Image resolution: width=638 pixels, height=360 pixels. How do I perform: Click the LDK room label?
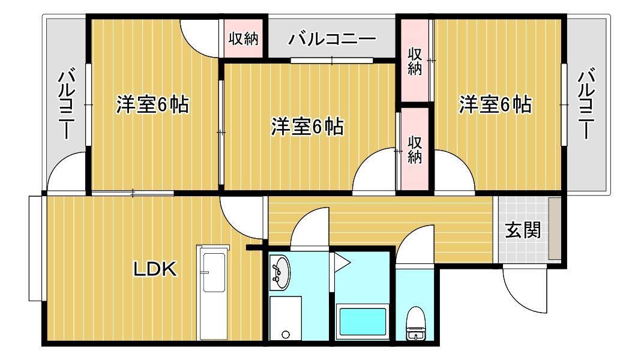point(155,269)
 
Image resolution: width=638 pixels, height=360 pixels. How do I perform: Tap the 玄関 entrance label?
point(523,230)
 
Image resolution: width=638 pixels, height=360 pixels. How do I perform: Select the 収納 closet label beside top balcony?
point(244,39)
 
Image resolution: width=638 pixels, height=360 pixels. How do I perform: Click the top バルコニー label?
point(332,40)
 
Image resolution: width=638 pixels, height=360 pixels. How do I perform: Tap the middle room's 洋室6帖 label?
point(307,127)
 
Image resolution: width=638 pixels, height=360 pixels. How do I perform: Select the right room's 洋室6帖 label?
point(495,104)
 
